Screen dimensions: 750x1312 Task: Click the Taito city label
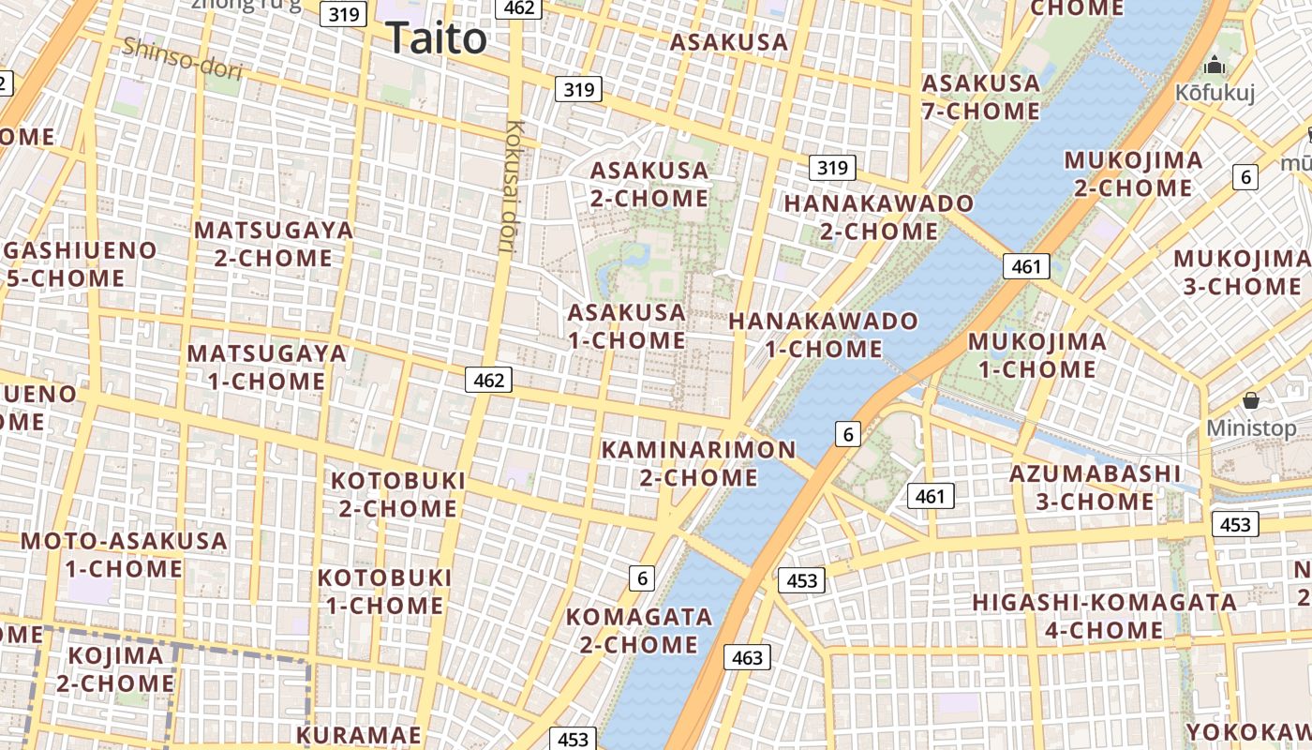point(437,38)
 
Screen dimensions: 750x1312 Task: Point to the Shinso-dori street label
point(182,57)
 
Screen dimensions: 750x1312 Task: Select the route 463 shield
point(747,657)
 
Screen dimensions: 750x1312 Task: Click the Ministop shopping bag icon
point(1250,401)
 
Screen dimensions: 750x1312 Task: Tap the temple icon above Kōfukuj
point(1215,65)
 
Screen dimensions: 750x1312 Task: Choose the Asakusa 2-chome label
point(649,184)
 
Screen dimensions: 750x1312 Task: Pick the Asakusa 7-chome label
point(981,97)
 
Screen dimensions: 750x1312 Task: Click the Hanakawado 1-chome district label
point(824,335)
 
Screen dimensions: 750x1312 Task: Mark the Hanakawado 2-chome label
point(879,217)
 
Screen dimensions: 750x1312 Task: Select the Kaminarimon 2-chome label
point(698,463)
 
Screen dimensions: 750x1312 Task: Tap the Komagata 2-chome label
point(639,631)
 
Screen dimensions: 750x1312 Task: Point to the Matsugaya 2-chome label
point(274,244)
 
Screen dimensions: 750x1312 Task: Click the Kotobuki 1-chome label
point(384,591)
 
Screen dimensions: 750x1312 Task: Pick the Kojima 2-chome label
point(115,669)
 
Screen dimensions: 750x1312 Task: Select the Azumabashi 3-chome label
point(1095,487)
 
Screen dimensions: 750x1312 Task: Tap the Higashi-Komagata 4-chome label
point(1104,615)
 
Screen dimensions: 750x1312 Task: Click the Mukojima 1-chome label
point(1036,354)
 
